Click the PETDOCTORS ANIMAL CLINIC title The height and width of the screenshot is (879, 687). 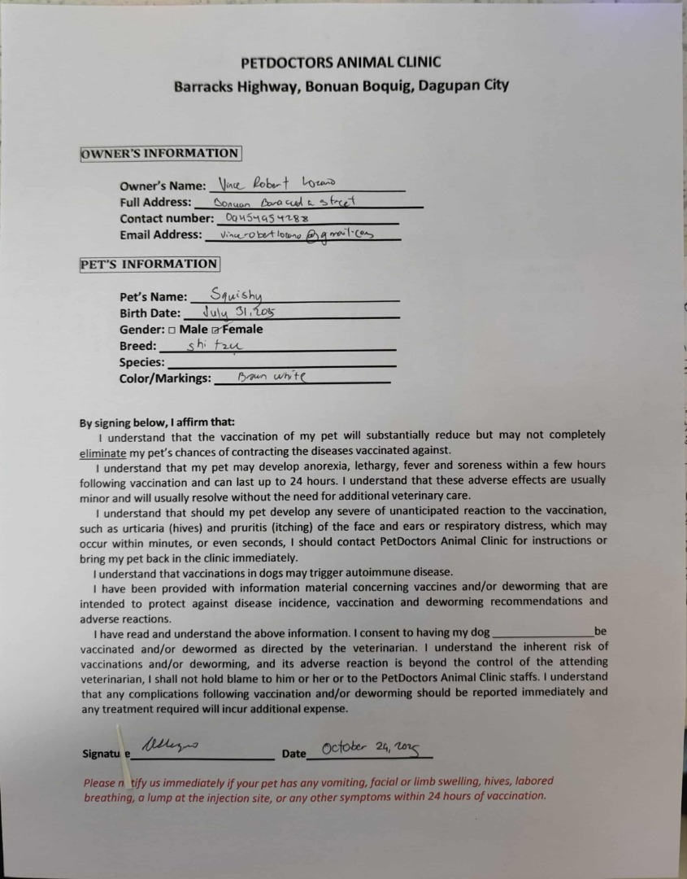pos(341,62)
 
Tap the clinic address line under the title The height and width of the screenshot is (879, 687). pos(341,85)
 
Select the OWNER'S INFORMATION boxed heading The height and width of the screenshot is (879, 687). pos(159,153)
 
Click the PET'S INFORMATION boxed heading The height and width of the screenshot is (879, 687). pos(149,264)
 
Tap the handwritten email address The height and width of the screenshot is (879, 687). pos(289,234)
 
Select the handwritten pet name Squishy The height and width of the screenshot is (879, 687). pos(236,295)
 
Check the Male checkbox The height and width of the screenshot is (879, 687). pos(172,330)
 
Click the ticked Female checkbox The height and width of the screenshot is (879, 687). pos(215,330)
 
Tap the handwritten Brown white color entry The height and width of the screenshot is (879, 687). pos(272,377)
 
